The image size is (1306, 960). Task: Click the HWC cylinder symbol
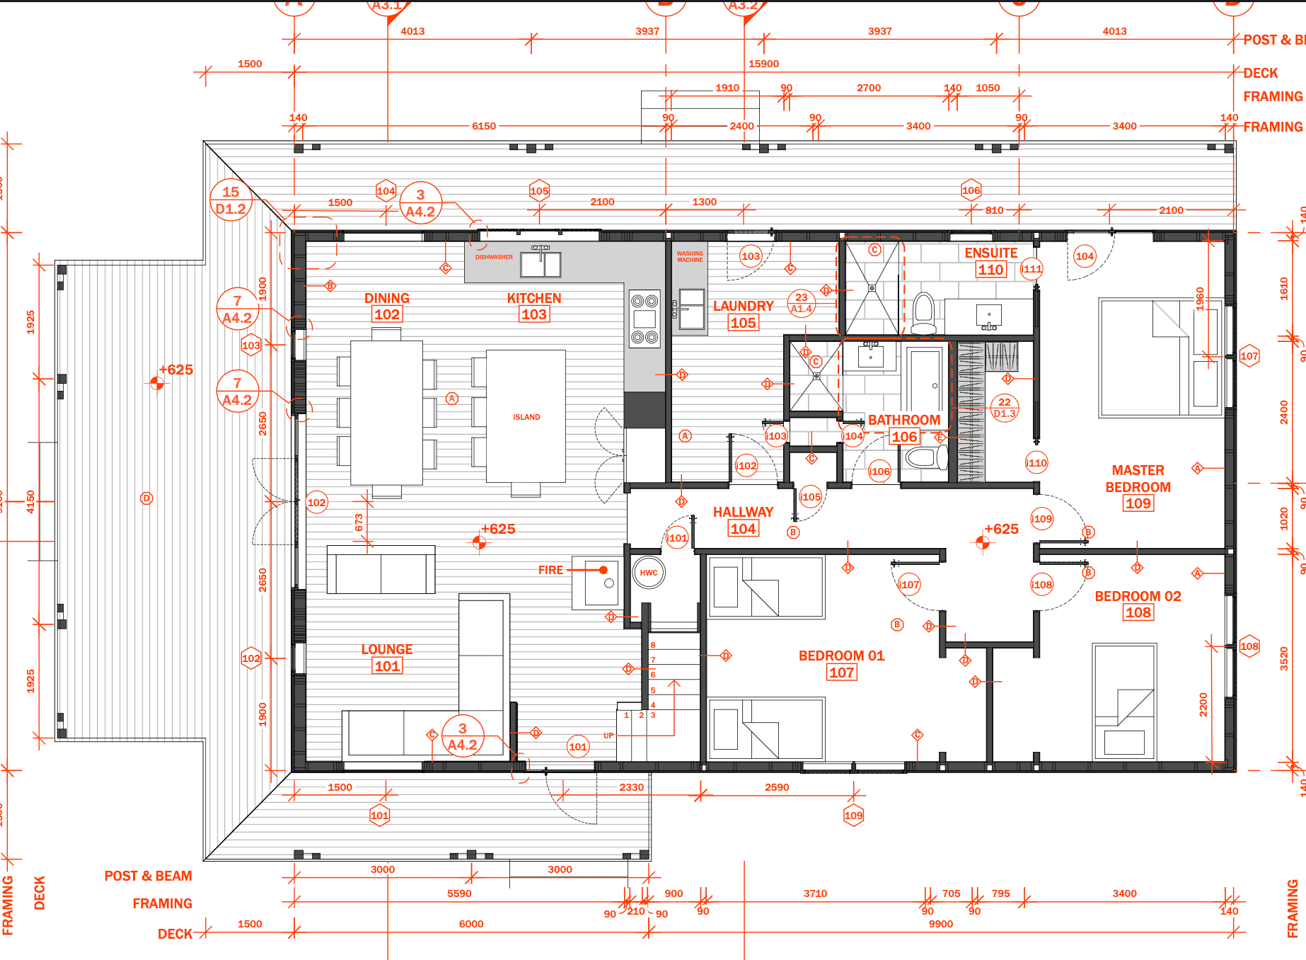pos(648,573)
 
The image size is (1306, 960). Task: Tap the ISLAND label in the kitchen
pos(526,417)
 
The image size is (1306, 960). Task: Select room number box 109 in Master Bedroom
pos(1138,503)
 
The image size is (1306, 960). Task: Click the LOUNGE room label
pos(387,649)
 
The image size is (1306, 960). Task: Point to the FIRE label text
pos(550,570)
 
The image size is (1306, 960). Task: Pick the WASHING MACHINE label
pos(690,256)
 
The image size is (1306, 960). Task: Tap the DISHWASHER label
pos(494,257)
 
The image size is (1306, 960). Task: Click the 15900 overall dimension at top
pos(763,64)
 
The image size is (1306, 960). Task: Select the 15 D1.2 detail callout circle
pos(231,200)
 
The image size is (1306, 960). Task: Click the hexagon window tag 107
pos(1249,356)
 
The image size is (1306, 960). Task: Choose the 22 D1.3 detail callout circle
pos(1005,408)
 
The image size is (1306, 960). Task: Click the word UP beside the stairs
pos(608,736)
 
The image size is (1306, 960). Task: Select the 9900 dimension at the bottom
pos(940,924)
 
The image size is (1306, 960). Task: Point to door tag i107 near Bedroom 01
pos(909,585)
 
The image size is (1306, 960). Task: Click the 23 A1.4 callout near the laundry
pos(801,303)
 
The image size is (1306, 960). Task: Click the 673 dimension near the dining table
pos(359,522)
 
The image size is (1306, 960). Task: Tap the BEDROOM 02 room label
pos(1138,596)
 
